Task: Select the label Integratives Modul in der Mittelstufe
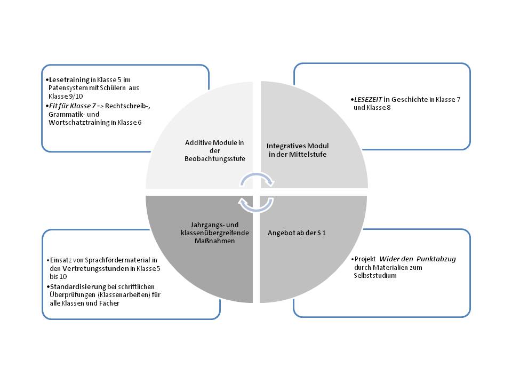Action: pyautogui.click(x=298, y=150)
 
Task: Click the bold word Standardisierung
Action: pyautogui.click(x=75, y=286)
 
